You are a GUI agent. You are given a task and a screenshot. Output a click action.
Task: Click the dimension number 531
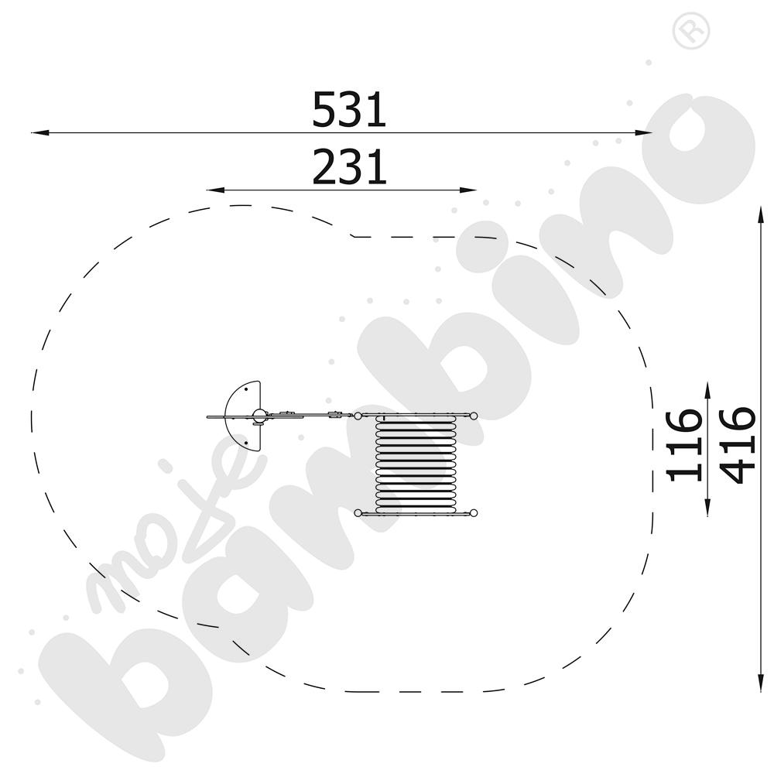(x=349, y=110)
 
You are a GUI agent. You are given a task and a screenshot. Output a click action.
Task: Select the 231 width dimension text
(x=349, y=167)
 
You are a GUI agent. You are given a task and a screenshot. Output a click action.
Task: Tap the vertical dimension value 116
(x=684, y=445)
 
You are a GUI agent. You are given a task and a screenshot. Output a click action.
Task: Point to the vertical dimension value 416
(x=738, y=445)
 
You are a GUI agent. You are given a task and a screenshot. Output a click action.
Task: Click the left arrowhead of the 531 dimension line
(x=40, y=133)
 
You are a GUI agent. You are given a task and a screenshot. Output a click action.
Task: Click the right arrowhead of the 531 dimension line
(x=643, y=133)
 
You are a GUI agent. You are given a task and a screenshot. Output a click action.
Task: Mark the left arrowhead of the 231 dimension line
(x=216, y=190)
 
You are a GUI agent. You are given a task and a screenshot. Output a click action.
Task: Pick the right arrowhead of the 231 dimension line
(x=468, y=190)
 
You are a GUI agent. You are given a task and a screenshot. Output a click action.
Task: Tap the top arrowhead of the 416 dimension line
(x=761, y=216)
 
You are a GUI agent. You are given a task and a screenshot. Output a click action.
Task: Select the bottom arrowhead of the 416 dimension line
(x=761, y=683)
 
